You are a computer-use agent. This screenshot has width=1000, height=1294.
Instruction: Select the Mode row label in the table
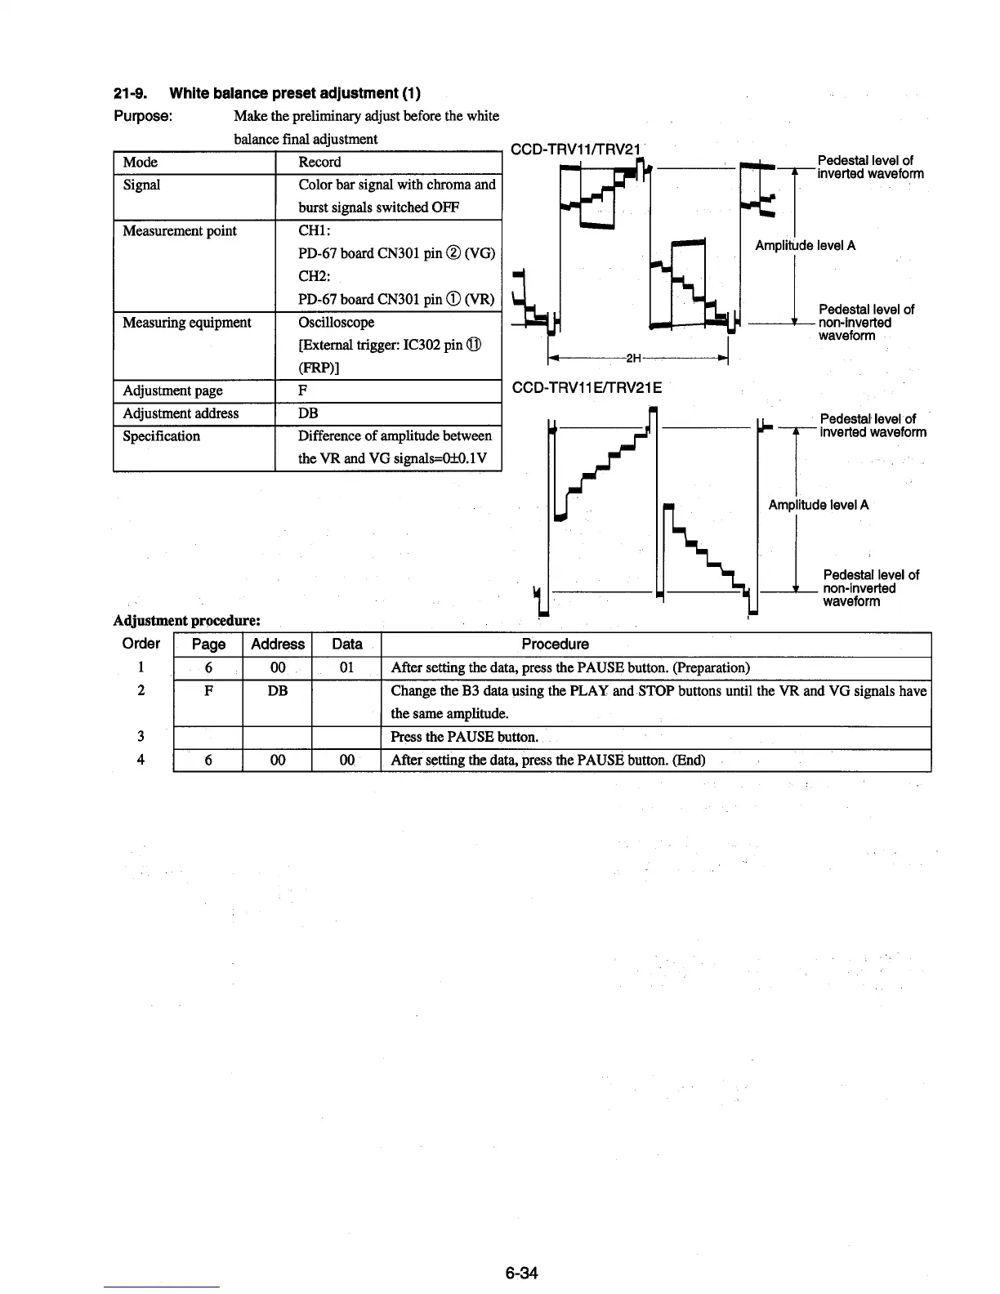[x=140, y=162]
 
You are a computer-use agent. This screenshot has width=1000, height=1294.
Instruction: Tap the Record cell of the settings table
[x=319, y=162]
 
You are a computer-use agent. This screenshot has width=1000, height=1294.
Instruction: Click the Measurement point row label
[x=179, y=230]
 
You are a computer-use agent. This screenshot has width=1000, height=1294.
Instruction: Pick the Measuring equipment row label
[x=186, y=322]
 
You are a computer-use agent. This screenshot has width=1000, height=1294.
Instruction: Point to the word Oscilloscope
[x=336, y=322]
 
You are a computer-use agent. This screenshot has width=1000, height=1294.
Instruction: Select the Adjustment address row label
[x=180, y=413]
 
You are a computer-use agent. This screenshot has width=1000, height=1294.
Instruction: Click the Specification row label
[x=161, y=435]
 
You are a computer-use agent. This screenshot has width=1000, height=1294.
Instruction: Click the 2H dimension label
[x=634, y=358]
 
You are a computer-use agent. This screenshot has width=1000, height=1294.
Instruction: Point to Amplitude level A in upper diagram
[x=805, y=245]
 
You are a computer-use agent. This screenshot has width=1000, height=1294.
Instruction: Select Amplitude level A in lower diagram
[x=818, y=504]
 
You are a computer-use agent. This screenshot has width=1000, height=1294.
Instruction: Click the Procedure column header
[x=555, y=644]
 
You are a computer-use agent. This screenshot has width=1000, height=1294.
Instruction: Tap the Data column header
[x=346, y=644]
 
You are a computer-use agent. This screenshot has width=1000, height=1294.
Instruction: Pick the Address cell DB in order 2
[x=277, y=690]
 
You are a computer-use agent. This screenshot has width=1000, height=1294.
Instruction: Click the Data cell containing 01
[x=346, y=667]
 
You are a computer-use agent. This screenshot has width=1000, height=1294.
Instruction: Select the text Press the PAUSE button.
[x=464, y=736]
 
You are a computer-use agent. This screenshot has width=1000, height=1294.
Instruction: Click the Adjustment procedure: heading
[x=186, y=622]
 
